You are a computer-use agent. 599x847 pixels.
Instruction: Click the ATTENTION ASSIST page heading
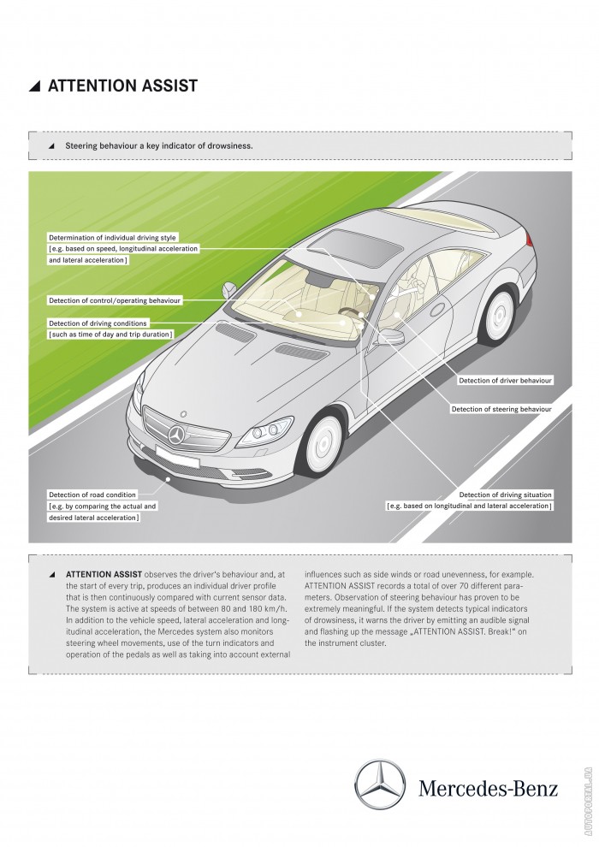point(122,86)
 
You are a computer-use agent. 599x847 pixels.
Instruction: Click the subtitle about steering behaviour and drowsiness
point(158,145)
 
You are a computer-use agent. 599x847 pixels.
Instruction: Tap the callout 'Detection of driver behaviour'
point(505,379)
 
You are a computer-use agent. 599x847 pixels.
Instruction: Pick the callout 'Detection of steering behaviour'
point(501,410)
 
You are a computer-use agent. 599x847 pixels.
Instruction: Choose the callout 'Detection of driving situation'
point(505,495)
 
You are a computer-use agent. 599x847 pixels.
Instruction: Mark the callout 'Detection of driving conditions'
point(98,323)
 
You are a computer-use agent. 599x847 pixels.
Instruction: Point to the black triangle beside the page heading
point(35,86)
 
